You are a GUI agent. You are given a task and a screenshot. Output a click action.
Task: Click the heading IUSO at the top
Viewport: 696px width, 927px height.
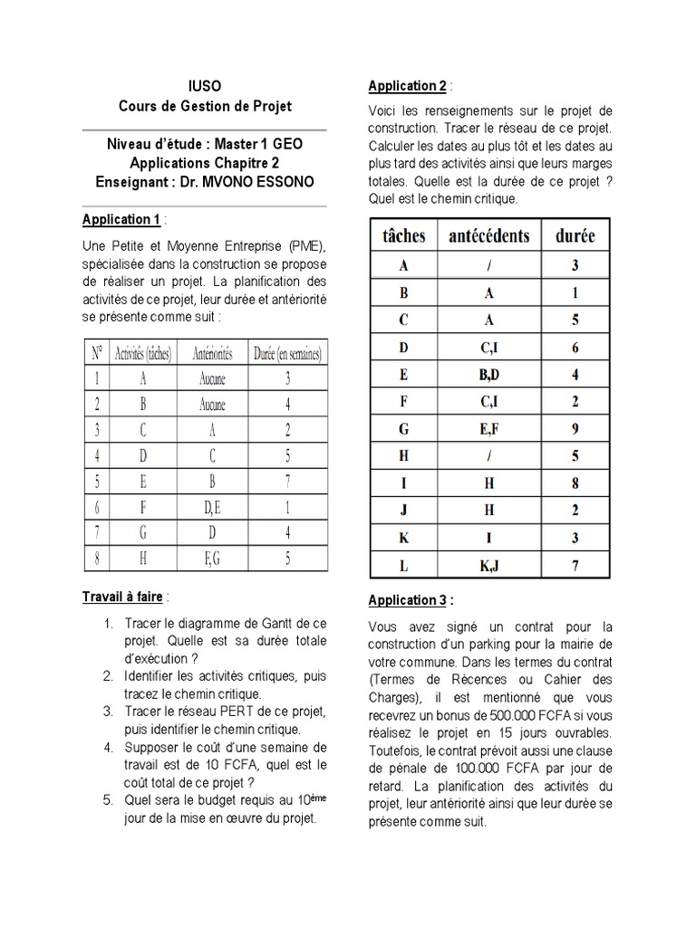point(205,86)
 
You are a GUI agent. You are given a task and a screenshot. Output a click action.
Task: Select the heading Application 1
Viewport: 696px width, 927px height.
point(121,219)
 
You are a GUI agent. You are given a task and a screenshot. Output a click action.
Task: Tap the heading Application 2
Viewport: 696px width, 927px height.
point(407,86)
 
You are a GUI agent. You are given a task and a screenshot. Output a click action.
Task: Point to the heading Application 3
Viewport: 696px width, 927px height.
point(407,600)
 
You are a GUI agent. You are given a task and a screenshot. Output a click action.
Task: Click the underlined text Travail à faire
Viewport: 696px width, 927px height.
point(121,597)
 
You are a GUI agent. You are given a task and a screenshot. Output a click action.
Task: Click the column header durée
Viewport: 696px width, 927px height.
point(575,236)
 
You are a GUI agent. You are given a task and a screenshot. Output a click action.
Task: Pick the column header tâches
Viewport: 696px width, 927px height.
point(403,236)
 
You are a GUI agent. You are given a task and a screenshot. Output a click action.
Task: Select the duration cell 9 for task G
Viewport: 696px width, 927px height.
point(575,428)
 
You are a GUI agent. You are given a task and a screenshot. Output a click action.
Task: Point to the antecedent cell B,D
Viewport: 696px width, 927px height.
point(489,374)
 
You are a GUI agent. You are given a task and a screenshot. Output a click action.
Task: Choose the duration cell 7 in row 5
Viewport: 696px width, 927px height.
point(287,483)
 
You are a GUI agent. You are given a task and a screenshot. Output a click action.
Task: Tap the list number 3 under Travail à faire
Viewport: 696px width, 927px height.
point(107,712)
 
